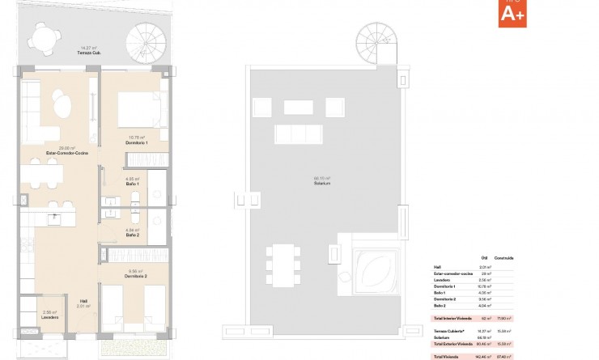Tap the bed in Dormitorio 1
tap(134, 107)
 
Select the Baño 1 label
tap(133, 184)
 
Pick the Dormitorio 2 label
tap(134, 277)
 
